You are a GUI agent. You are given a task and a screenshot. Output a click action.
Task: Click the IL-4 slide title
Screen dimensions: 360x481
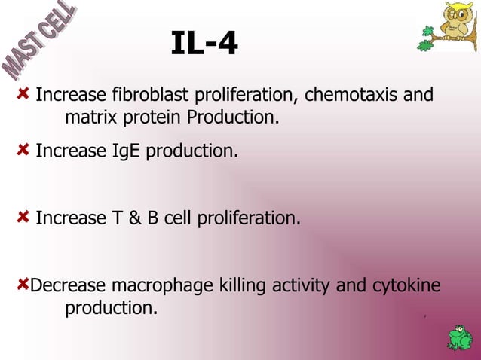[x=204, y=44]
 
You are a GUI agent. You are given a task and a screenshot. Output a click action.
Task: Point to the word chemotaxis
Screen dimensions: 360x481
[x=352, y=96]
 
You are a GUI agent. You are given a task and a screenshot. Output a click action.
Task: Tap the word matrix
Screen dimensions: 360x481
[x=87, y=118]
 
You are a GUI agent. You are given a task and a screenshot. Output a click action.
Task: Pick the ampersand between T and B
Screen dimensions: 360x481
[x=138, y=218]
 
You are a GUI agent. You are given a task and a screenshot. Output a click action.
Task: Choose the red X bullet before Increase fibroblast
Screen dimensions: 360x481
[x=24, y=95]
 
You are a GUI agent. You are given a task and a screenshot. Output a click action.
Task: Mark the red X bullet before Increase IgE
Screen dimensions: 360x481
[x=24, y=150]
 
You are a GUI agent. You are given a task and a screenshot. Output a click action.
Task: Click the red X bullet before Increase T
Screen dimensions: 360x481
[x=24, y=217]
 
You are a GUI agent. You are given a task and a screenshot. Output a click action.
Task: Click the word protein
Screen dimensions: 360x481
[x=155, y=118]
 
